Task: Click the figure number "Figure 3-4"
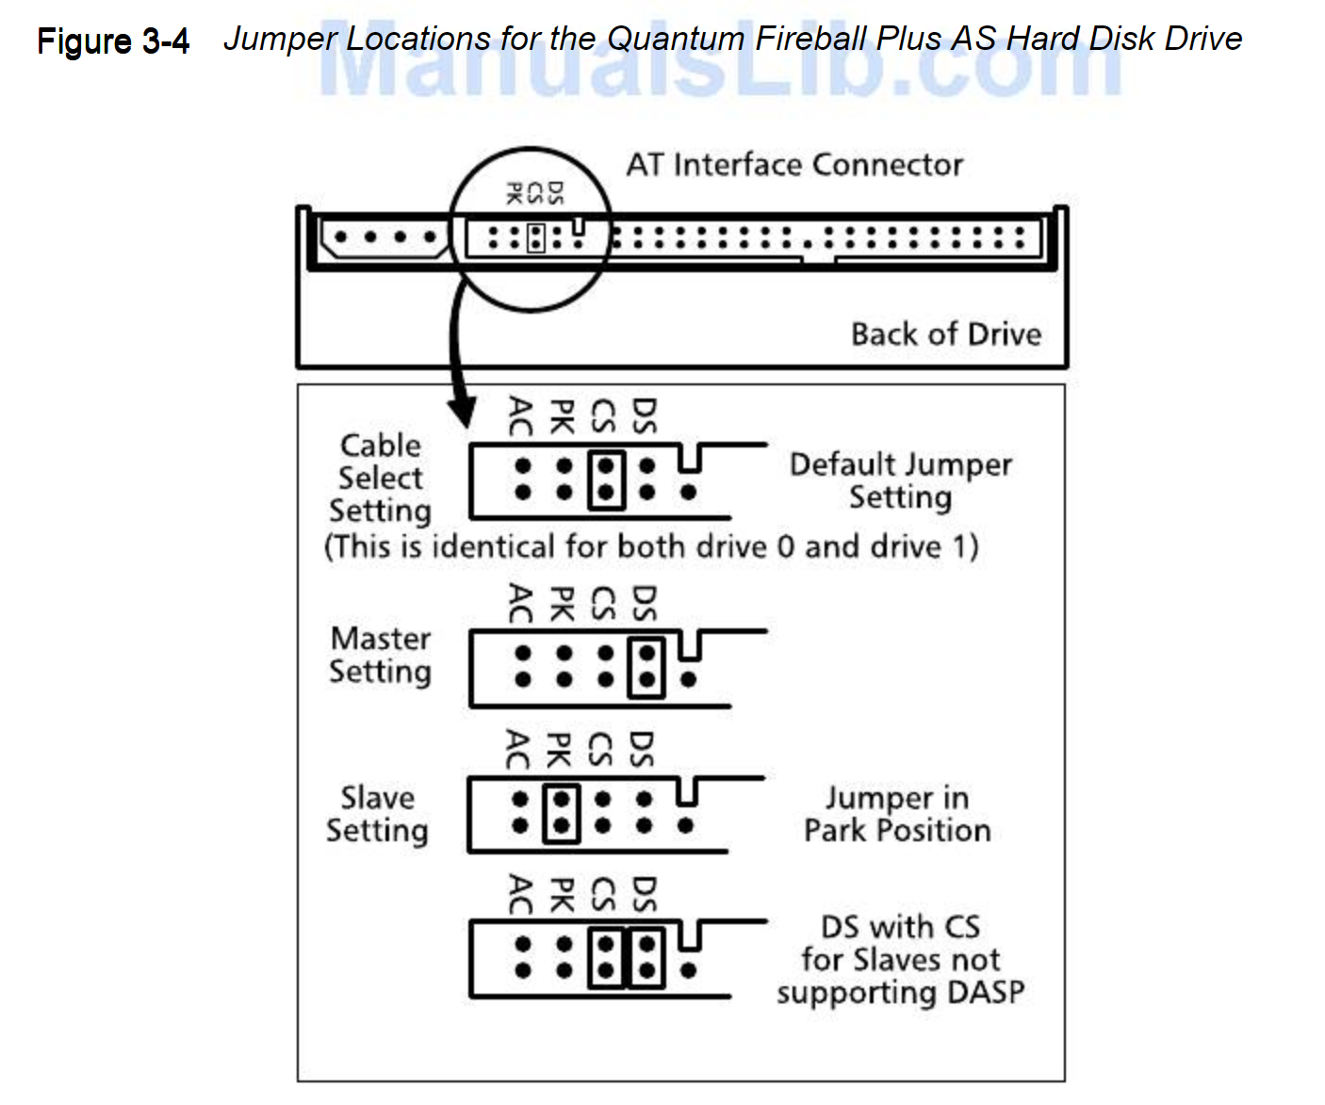(113, 41)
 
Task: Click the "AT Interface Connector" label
(794, 165)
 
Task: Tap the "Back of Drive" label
(945, 334)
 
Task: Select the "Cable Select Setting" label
(381, 478)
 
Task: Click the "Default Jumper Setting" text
(900, 480)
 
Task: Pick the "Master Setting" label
(381, 655)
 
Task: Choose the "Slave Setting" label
(377, 814)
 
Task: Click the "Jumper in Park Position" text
(897, 814)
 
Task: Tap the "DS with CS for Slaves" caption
(900, 959)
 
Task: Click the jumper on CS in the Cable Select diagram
(606, 479)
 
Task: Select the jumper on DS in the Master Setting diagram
(646, 667)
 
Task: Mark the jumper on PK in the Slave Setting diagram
(561, 813)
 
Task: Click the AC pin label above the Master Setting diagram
(519, 603)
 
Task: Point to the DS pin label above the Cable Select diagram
(645, 415)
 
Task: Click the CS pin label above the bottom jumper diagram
(603, 895)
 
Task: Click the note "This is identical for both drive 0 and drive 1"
(650, 547)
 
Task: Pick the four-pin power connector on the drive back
(384, 237)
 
